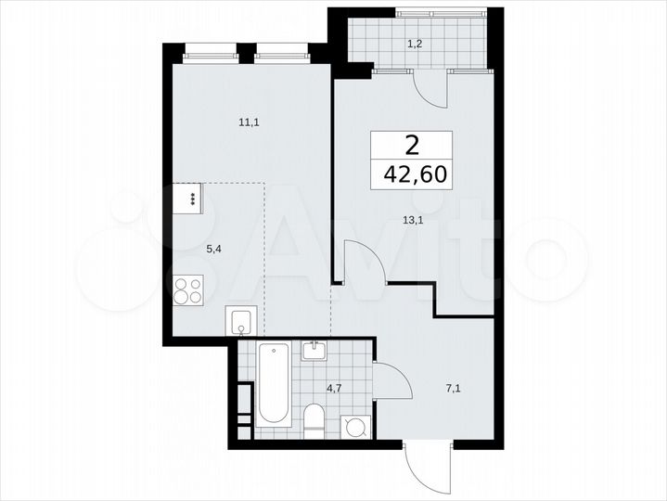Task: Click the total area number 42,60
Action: (412, 174)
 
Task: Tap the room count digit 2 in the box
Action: (412, 144)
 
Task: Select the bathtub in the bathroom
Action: (274, 381)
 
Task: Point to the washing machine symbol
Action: (355, 426)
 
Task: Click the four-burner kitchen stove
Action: (188, 291)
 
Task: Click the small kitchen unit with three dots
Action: (190, 198)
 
